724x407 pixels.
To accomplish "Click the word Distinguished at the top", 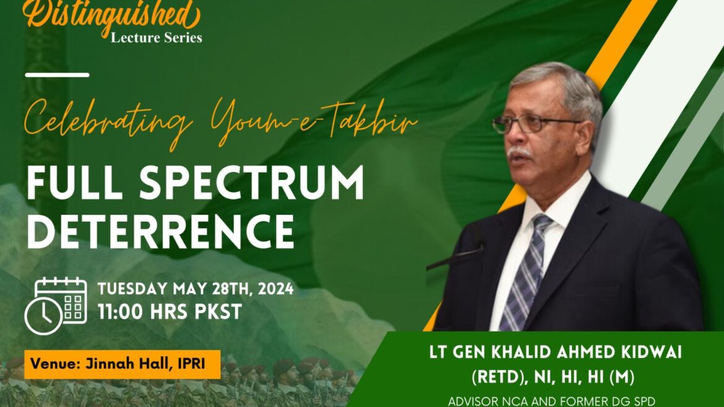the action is pos(111,14).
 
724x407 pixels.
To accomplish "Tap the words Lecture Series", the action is pos(156,37).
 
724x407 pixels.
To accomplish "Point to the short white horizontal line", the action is pos(58,75).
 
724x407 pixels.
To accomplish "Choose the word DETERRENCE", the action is pos(160,232).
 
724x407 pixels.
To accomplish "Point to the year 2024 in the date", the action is pos(275,289).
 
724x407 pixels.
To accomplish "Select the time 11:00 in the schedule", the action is pos(120,312).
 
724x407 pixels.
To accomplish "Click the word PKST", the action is pos(218,312).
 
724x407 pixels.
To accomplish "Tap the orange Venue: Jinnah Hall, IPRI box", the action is pos(123,364).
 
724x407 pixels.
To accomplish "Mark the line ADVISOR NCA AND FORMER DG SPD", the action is pos(551,401).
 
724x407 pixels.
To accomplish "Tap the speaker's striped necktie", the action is pos(527,272).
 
